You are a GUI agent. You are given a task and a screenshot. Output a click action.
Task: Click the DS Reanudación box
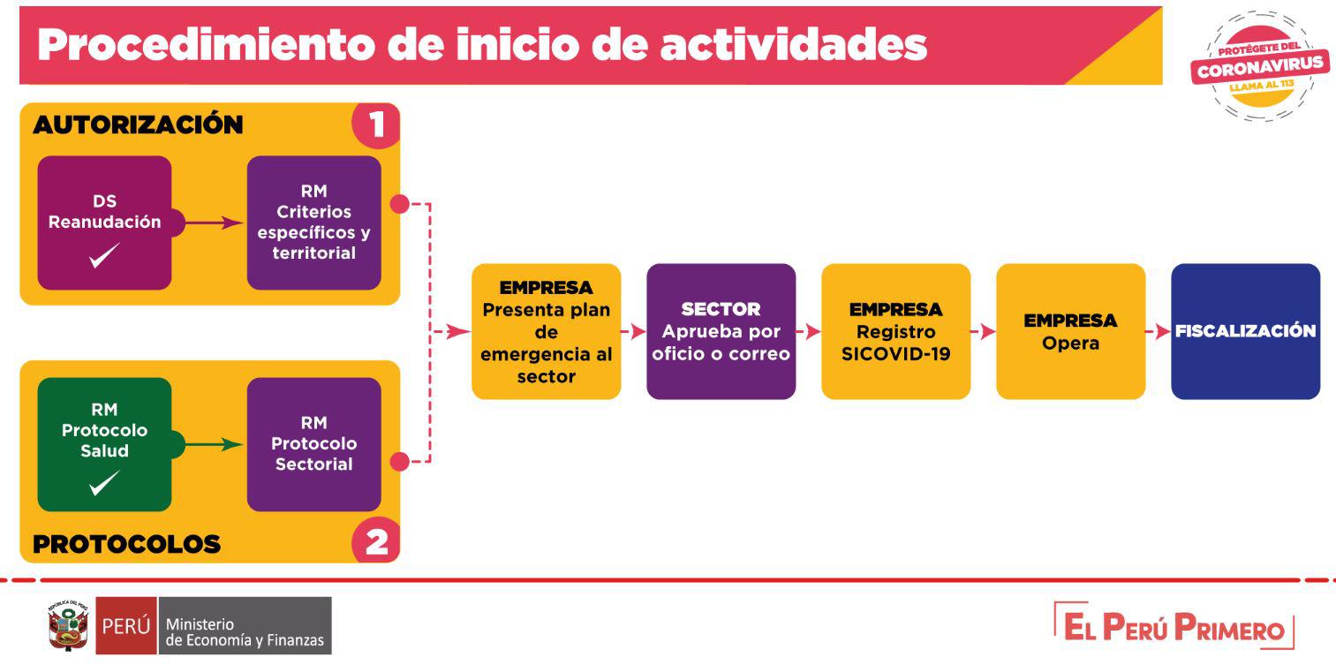coord(104,223)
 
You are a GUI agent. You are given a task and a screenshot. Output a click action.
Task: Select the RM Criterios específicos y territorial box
coord(313,223)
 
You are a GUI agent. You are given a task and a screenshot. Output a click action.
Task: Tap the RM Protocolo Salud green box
coord(104,444)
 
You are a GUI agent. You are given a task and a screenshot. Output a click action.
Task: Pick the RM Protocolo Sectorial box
coord(313,444)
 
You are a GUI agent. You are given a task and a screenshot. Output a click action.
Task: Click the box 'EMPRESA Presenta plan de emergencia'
coord(547,331)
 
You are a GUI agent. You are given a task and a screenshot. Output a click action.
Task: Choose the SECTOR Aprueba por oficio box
coord(721,331)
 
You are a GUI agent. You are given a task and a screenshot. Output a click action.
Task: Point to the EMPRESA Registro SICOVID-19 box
coord(896,331)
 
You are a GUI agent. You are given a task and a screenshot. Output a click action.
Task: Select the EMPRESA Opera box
coord(1070,331)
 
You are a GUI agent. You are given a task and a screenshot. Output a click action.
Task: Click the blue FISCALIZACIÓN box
coord(1245,331)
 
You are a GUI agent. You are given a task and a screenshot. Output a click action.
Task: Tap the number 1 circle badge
coord(376,125)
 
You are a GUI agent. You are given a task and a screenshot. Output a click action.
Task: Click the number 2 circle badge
coord(376,541)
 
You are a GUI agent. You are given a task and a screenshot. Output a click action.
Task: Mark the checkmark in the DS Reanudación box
coord(104,255)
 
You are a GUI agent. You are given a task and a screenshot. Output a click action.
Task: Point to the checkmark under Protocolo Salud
coord(104,483)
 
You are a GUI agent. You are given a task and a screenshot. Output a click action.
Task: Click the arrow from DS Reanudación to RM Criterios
coord(214,223)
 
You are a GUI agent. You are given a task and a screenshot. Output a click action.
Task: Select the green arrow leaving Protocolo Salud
coord(214,444)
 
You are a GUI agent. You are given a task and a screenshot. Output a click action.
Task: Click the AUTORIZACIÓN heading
coord(138,125)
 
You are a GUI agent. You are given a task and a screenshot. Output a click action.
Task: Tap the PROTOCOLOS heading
coord(126,544)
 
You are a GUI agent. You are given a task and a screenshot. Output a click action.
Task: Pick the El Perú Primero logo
coord(1174,626)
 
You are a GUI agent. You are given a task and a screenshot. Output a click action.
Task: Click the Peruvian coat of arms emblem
coord(69,625)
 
